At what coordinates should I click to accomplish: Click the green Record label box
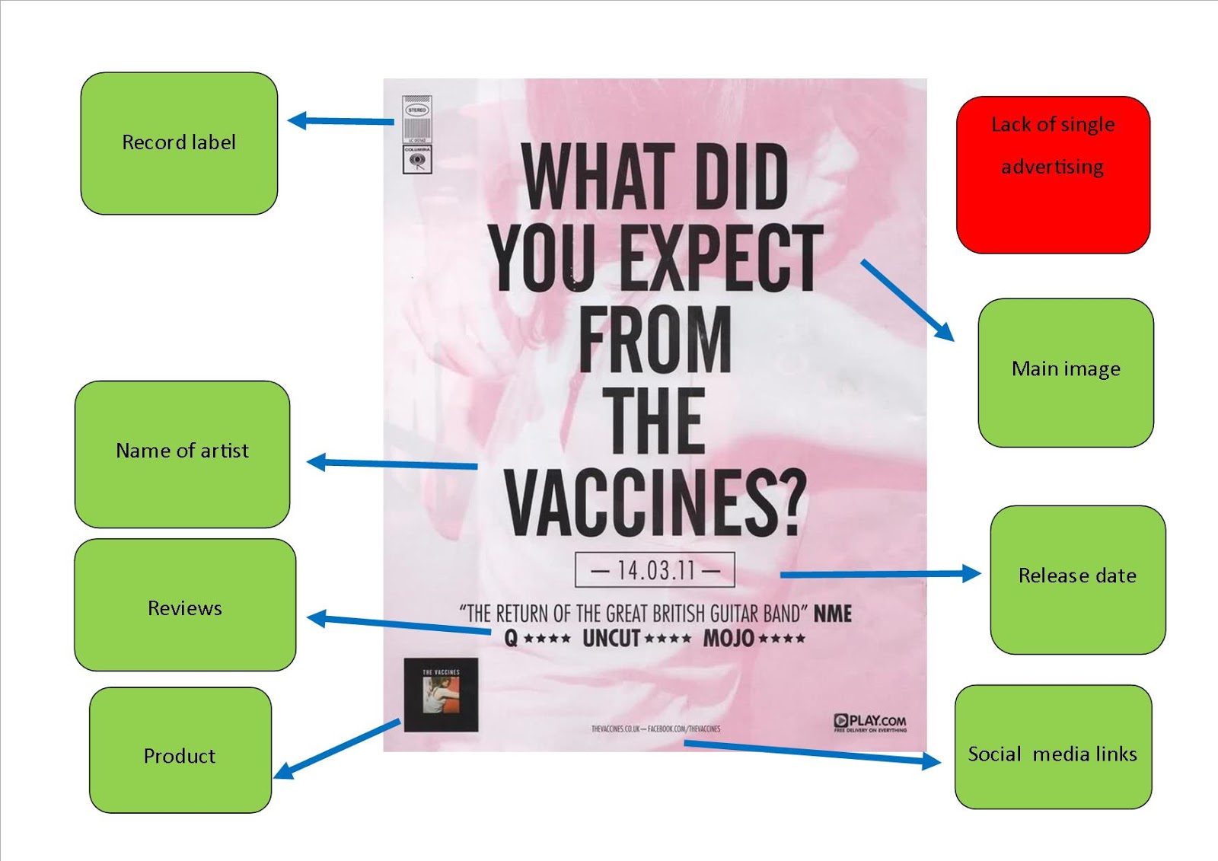pos(179,143)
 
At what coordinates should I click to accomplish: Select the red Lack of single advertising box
pos(1053,174)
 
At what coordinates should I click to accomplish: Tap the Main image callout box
pos(1066,372)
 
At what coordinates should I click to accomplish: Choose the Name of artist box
pos(182,454)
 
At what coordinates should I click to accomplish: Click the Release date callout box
pos(1077,579)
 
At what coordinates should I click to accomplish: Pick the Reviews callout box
pos(185,605)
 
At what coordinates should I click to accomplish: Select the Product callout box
pos(180,750)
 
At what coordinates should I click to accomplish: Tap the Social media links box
pos(1053,747)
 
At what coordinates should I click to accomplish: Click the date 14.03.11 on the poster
pos(655,569)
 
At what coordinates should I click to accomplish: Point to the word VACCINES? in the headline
pos(655,502)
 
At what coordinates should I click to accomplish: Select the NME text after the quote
pos(833,614)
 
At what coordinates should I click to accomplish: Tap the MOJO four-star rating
pos(754,638)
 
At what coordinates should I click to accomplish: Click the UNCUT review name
pos(611,638)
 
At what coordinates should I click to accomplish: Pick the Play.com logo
pos(870,722)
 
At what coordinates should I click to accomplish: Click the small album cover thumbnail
pos(441,694)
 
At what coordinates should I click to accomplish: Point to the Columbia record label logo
pos(417,160)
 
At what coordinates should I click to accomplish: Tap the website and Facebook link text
pos(655,729)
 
